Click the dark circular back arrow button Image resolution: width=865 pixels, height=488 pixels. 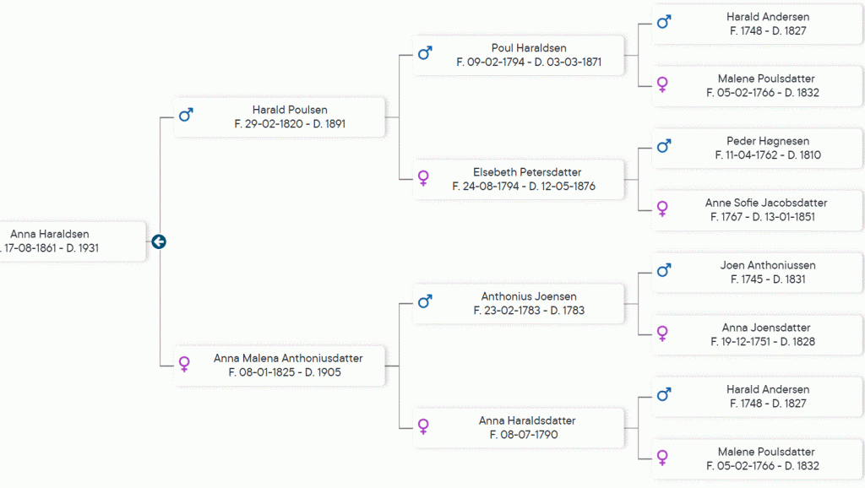[158, 242]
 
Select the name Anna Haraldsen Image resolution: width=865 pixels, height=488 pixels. [50, 235]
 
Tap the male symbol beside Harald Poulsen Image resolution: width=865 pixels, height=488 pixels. [186, 115]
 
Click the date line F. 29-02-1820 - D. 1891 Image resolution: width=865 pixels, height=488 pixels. [290, 123]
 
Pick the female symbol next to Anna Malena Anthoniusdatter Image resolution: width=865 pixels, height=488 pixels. [184, 364]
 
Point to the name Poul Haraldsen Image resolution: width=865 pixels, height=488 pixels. [529, 48]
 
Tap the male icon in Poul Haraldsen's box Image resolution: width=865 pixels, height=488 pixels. [425, 53]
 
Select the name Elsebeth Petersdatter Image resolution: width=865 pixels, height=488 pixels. [527, 172]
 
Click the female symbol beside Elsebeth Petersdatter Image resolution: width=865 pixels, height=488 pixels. [424, 177]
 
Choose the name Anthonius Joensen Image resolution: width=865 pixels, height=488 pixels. [529, 296]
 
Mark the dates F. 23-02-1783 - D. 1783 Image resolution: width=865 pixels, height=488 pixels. [529, 310]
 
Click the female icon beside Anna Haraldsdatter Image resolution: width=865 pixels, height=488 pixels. [424, 426]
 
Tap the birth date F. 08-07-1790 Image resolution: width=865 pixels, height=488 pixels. [524, 435]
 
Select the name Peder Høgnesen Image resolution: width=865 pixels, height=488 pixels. [767, 141]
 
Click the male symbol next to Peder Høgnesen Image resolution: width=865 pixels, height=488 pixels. [664, 146]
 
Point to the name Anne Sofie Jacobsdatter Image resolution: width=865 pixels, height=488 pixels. [766, 203]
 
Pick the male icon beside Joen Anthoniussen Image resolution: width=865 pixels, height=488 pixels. [664, 270]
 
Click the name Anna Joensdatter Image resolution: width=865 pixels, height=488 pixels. [766, 328]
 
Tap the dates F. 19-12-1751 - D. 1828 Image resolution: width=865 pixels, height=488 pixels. [763, 341]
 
